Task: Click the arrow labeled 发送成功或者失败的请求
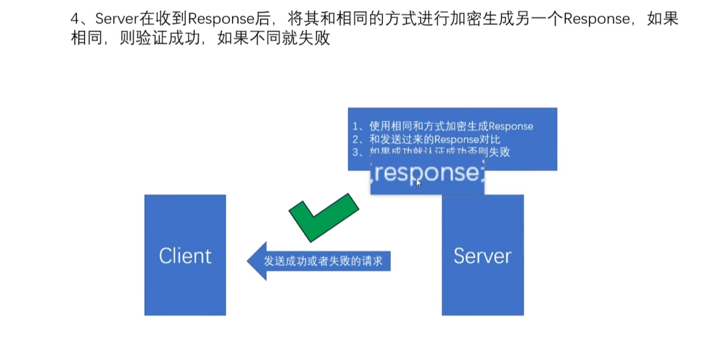[x=320, y=260]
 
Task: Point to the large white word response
[x=426, y=173]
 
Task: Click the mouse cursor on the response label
[x=418, y=183]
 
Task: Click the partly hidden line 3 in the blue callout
[x=439, y=152]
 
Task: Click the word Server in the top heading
[x=115, y=19]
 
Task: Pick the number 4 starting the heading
[x=75, y=19]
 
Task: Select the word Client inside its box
[x=185, y=256]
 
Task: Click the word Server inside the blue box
[x=482, y=256]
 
